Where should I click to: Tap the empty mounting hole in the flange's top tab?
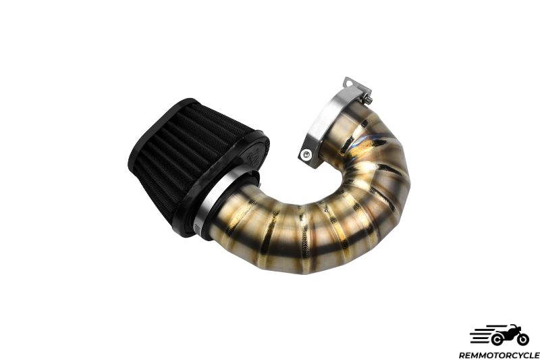click(x=349, y=83)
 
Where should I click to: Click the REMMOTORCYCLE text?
click(x=499, y=355)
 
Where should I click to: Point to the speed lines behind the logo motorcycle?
click(x=480, y=335)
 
